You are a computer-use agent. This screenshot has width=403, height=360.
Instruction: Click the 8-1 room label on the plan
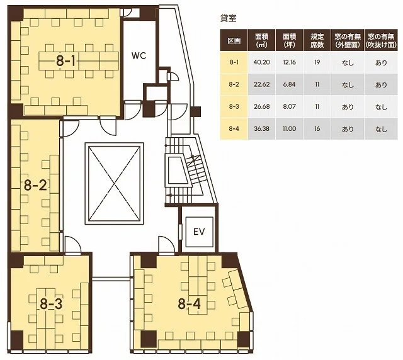[65, 61]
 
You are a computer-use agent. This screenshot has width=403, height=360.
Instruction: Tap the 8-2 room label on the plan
[35, 185]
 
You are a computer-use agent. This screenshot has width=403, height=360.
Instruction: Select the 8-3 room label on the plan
[51, 304]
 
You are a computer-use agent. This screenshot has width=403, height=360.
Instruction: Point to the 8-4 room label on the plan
[189, 304]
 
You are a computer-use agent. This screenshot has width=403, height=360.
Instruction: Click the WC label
[139, 55]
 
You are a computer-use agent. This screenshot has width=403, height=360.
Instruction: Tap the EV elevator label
[199, 232]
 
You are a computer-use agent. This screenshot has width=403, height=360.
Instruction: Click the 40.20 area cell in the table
[262, 62]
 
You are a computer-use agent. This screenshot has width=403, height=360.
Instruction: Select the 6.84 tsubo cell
[290, 84]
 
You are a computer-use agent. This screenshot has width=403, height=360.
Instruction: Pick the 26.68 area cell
[262, 106]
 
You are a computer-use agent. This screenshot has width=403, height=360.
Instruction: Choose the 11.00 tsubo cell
[290, 128]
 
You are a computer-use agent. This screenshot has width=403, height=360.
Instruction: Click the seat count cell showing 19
[317, 62]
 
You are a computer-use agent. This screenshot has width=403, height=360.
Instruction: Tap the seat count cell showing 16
[317, 128]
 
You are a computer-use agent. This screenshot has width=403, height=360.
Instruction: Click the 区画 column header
[234, 41]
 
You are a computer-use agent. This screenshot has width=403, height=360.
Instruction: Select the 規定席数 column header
[317, 40]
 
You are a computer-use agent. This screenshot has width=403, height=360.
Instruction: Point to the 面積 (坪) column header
[290, 40]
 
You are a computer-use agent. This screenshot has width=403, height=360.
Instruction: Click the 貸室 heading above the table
[228, 18]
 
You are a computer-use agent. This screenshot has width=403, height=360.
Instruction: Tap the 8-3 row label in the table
[234, 106]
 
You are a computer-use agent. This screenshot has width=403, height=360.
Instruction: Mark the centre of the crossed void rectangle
[115, 183]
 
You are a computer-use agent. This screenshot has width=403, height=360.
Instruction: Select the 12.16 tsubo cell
[290, 62]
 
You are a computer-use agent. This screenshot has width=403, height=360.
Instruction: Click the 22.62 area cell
[262, 84]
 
